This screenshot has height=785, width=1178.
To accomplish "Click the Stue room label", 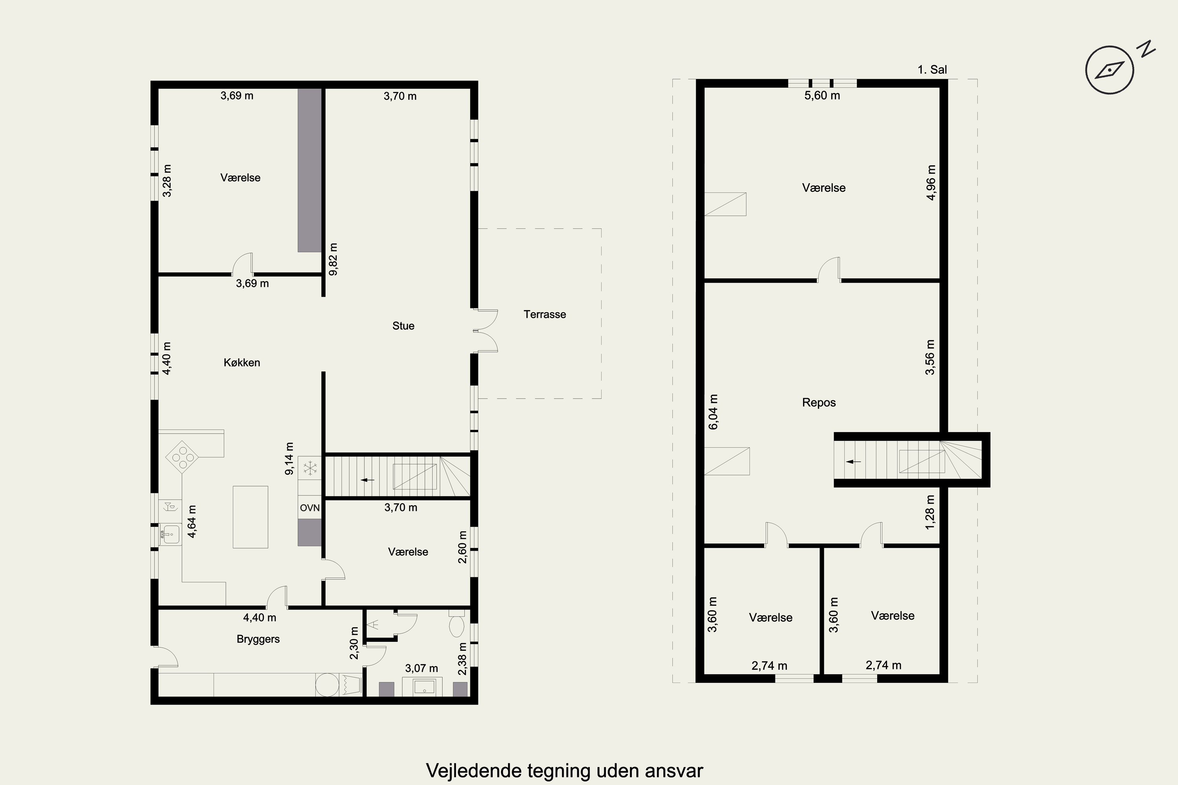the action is tap(403, 326).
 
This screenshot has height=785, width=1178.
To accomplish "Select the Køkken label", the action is tap(242, 362).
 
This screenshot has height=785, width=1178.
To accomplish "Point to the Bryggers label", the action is tap(258, 639).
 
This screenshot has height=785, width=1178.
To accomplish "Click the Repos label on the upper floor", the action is tap(819, 403).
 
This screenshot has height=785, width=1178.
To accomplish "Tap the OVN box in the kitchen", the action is tap(309, 508).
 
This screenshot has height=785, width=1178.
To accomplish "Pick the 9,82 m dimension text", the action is tap(333, 259).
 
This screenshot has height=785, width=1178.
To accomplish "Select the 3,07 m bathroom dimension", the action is tap(421, 668).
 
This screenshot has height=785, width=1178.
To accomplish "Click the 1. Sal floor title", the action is tap(932, 69).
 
